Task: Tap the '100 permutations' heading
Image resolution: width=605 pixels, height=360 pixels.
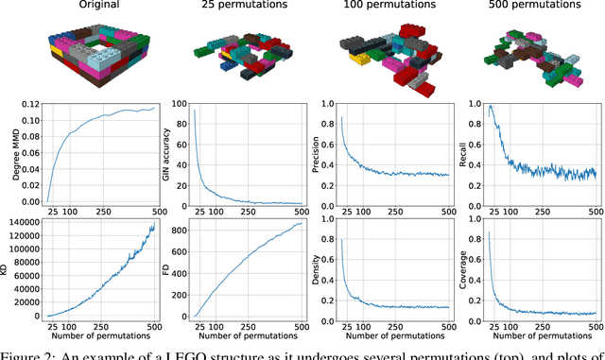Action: [x=383, y=7]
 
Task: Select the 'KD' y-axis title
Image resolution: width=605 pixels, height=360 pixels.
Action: [x=9, y=269]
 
